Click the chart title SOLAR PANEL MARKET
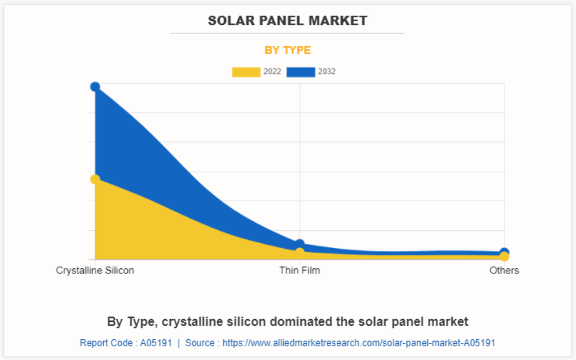287,21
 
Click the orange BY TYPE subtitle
288,50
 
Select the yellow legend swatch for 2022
246,72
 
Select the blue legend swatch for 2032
300,72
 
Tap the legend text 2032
327,72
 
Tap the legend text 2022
272,72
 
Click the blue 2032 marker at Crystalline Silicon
95,87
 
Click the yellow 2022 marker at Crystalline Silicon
95,179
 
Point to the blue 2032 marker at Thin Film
300,245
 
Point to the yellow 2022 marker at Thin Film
300,252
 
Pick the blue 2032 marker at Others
505,252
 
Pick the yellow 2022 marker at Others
505,257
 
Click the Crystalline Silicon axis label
95,270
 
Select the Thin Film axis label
300,270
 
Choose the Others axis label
504,270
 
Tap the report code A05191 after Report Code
156,343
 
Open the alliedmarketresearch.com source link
359,343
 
